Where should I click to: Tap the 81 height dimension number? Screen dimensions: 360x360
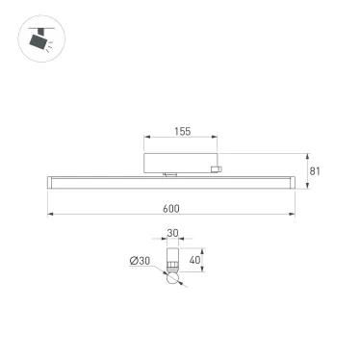point(314,173)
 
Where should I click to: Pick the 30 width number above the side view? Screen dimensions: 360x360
point(173,232)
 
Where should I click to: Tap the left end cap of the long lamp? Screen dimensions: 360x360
point(48,180)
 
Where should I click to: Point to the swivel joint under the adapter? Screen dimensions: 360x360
point(170,173)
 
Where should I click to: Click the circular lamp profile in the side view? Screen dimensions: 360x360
point(173,278)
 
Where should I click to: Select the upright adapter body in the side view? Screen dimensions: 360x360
point(173,258)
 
